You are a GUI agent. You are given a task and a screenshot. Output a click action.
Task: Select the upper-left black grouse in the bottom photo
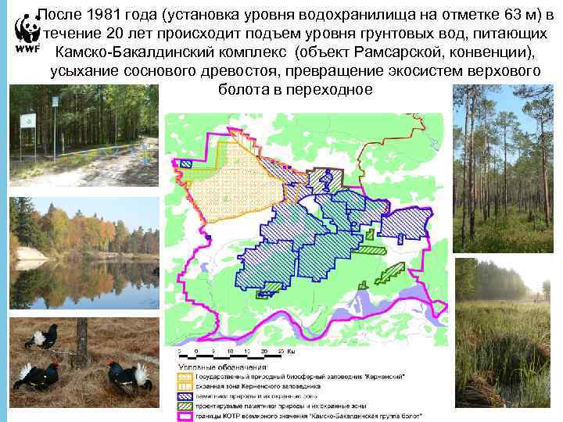pyautogui.click(x=41, y=337)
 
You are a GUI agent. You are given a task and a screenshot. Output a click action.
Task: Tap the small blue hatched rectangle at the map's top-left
pyautogui.click(x=186, y=164)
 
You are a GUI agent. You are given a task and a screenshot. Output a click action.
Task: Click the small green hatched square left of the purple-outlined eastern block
pyautogui.click(x=373, y=251)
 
